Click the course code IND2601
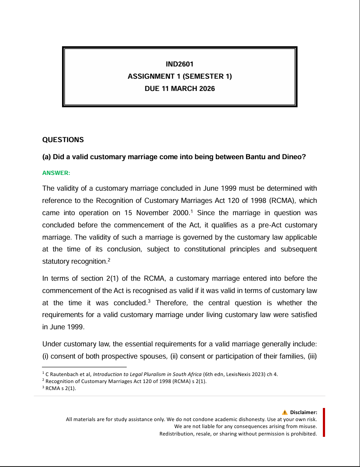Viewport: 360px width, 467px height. [180, 64]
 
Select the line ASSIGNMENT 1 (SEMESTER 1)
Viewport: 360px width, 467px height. [180, 77]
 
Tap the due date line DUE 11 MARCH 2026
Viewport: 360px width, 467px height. [180, 89]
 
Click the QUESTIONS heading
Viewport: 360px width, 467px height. [63, 140]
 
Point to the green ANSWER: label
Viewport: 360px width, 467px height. [56, 173]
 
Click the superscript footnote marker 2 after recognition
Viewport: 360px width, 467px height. [109, 260]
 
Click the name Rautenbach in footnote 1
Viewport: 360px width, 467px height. [64, 374]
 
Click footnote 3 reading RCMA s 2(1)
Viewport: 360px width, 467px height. [61, 388]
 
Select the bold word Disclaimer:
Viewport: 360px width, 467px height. [303, 412]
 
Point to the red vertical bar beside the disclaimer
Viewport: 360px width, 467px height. [324, 422]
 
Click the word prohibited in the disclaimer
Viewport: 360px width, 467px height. [303, 434]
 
